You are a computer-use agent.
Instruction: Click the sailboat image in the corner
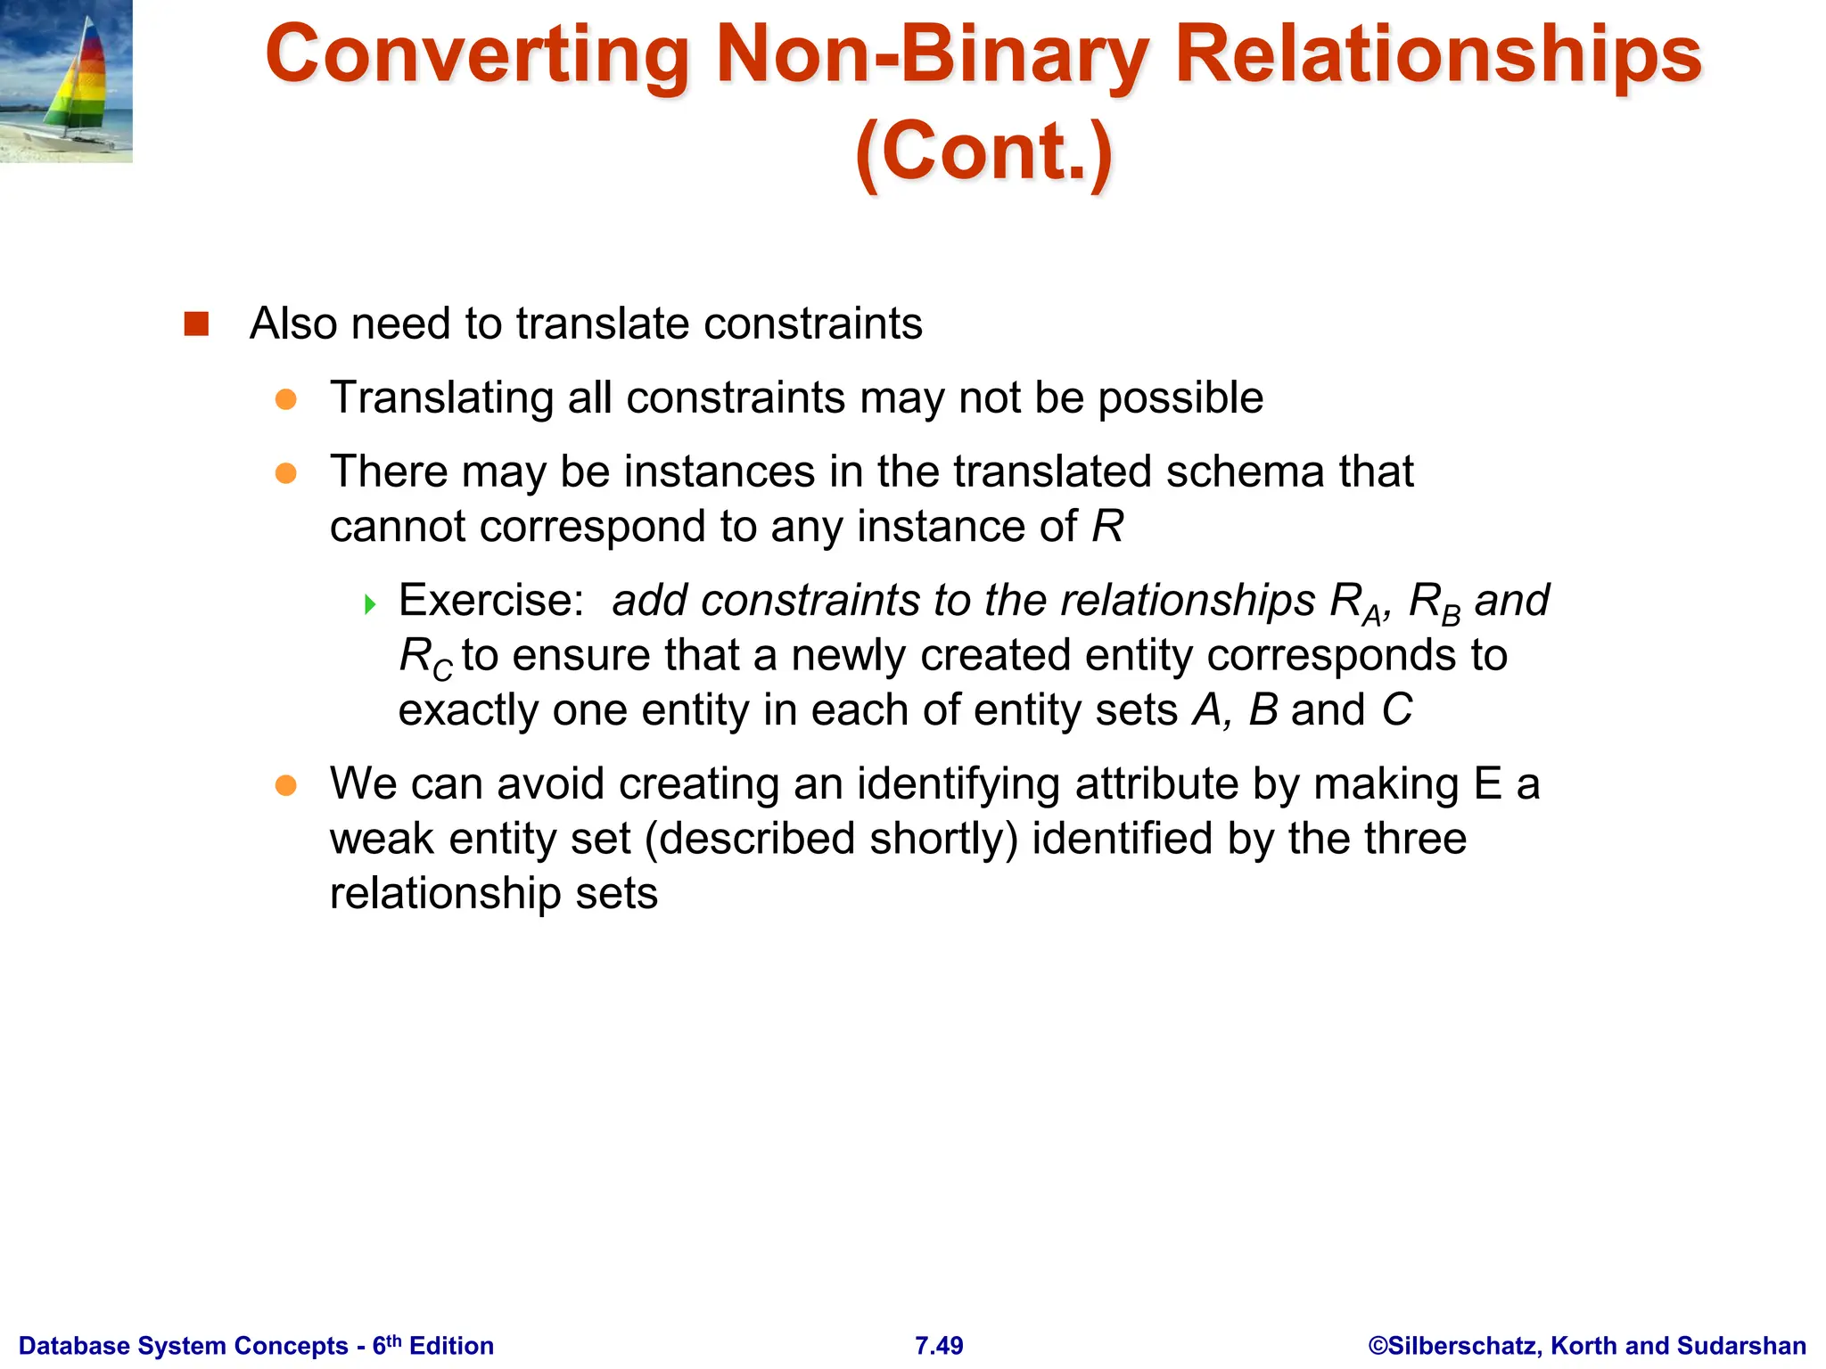point(66,81)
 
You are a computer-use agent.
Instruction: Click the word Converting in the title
point(477,55)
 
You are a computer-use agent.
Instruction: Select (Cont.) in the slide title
point(983,152)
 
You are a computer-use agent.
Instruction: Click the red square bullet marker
point(196,324)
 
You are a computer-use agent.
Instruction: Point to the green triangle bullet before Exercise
point(370,605)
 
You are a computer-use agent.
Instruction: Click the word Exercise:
point(491,600)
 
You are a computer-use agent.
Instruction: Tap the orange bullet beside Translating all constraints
point(285,399)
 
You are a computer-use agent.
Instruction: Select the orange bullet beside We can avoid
point(285,785)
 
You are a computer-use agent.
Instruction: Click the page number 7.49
point(939,1345)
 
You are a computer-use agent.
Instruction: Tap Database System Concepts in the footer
point(183,1345)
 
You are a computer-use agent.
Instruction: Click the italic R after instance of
point(1107,526)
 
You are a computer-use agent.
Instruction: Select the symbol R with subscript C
point(424,658)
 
